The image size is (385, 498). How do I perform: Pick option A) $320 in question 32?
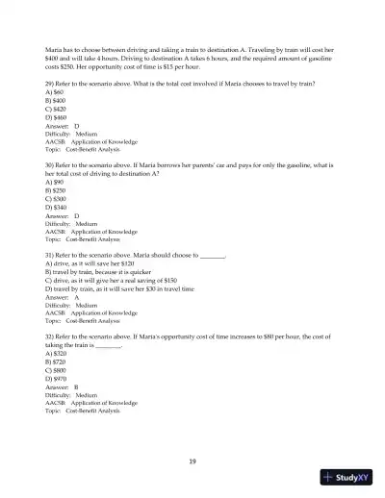click(56, 353)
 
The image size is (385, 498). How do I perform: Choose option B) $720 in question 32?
click(56, 365)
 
